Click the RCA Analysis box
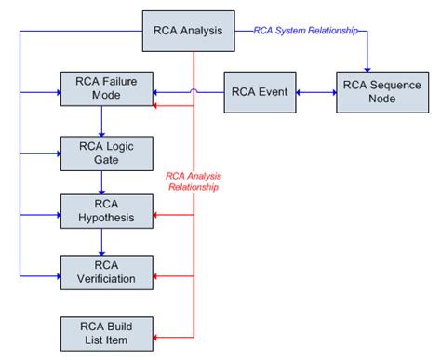pyautogui.click(x=188, y=31)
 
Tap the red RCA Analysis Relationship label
pyautogui.click(x=194, y=180)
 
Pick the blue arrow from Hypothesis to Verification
pyautogui.click(x=100, y=242)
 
